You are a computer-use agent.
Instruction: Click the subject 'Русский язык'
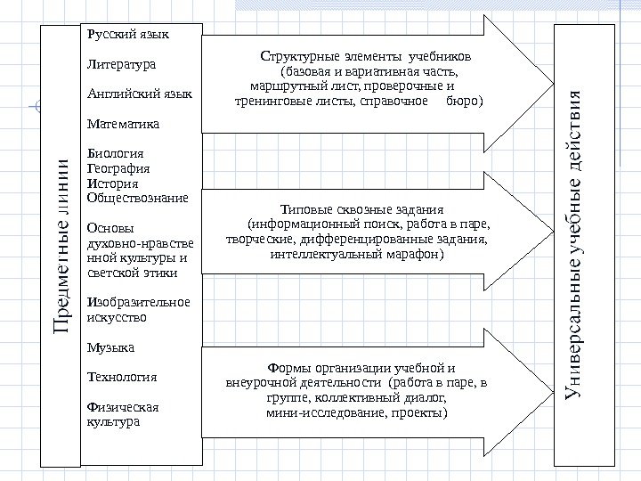coord(128,35)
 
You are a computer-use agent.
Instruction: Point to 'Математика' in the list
coord(124,122)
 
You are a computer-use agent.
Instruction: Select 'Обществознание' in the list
coord(137,197)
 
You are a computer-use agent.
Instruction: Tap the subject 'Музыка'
coord(110,346)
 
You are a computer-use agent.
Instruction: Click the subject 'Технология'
coord(122,376)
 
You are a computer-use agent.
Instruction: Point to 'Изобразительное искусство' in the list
coord(138,308)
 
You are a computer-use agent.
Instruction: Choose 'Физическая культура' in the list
coord(122,413)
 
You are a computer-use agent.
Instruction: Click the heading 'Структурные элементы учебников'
coord(366,56)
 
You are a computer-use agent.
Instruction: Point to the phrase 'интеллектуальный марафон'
coord(354,253)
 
